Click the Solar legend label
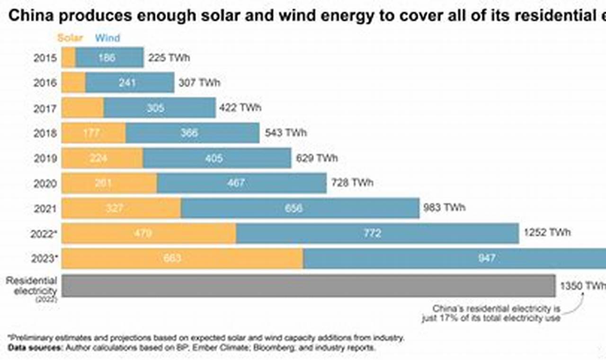pos(70,38)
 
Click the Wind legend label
pos(107,38)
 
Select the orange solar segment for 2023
pos(182,259)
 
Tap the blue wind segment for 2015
pos(109,58)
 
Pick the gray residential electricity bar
pos(308,286)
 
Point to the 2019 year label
pos(45,158)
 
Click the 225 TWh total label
pos(169,58)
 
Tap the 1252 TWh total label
pos(547,233)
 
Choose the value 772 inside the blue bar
pos(372,233)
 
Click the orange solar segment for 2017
pos(83,108)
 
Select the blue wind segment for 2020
pos(241,183)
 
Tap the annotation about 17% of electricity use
pos(491,314)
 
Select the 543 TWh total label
pos(285,133)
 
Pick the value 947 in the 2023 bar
pos(487,258)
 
